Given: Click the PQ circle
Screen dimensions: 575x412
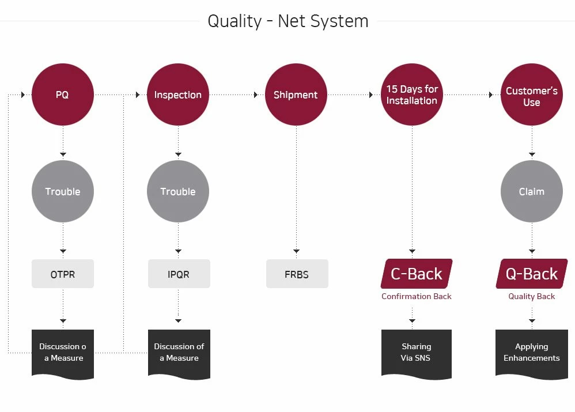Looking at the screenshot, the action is tap(63, 95).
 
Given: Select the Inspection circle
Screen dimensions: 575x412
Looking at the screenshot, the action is tap(178, 95).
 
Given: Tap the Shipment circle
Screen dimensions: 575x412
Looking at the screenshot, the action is tap(296, 95).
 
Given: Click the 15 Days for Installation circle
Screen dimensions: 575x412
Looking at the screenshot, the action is tap(412, 95).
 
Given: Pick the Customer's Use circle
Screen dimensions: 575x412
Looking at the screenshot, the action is tap(532, 95).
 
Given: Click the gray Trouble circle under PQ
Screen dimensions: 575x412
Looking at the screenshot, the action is tap(63, 191).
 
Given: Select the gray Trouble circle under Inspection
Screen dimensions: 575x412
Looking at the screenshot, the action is tap(178, 191).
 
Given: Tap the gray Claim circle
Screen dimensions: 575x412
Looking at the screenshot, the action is tap(532, 191).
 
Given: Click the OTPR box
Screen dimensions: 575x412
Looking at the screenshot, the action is tap(63, 274).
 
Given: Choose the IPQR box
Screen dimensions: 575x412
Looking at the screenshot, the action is tap(179, 274).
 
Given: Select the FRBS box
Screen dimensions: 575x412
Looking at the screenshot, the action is tap(297, 274).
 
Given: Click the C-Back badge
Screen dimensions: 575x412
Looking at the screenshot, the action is tap(417, 274).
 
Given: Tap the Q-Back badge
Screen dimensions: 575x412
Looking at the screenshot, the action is tap(532, 274).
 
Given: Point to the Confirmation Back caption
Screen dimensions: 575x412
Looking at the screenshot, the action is tap(416, 296).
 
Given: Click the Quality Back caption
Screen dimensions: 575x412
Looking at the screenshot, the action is tap(531, 296).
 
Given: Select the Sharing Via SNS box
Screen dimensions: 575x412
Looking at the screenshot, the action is tap(416, 354).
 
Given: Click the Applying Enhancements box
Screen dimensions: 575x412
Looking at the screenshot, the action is tap(531, 354).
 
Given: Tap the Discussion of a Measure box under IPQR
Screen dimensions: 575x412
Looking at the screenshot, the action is tap(179, 354).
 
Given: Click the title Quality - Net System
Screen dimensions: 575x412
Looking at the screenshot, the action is tap(288, 21).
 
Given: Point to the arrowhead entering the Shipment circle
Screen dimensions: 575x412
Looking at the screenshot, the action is tap(256, 95).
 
